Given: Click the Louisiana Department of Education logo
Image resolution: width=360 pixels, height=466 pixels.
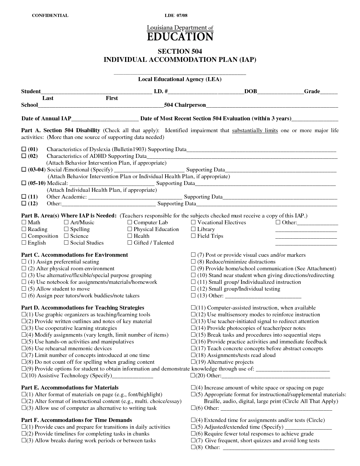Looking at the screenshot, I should tap(180, 33).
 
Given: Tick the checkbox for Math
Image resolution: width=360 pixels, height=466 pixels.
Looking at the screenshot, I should tap(24, 223).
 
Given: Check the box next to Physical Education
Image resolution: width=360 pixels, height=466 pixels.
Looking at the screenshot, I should tap(130, 229).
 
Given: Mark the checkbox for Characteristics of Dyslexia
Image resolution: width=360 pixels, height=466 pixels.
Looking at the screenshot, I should tap(24, 149).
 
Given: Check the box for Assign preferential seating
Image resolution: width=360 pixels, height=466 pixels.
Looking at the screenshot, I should tap(24, 262).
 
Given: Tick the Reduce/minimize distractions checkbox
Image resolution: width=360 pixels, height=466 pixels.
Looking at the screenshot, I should tap(193, 262).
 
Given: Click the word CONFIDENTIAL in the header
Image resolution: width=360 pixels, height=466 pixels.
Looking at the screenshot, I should tap(50, 16).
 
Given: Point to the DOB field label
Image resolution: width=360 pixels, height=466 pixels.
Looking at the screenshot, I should tap(250, 92).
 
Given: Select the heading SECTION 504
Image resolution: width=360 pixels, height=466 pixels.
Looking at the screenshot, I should tap(180, 51).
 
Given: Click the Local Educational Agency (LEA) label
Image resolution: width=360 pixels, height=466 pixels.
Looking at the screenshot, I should tap(180, 79).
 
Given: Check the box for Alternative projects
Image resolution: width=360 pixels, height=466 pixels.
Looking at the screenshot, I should tap(193, 362).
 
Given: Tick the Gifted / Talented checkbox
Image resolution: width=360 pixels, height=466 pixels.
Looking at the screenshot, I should tap(130, 243).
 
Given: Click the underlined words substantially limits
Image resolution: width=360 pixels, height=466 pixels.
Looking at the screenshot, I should tap(255, 130).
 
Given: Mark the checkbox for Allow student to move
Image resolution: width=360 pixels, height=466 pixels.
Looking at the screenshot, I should tap(24, 289).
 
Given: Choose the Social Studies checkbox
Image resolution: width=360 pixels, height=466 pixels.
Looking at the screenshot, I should tap(66, 243).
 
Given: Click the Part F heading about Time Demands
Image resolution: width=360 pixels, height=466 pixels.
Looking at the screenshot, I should tap(77, 420).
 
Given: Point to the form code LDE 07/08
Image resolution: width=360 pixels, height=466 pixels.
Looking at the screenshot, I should tap(176, 16).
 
